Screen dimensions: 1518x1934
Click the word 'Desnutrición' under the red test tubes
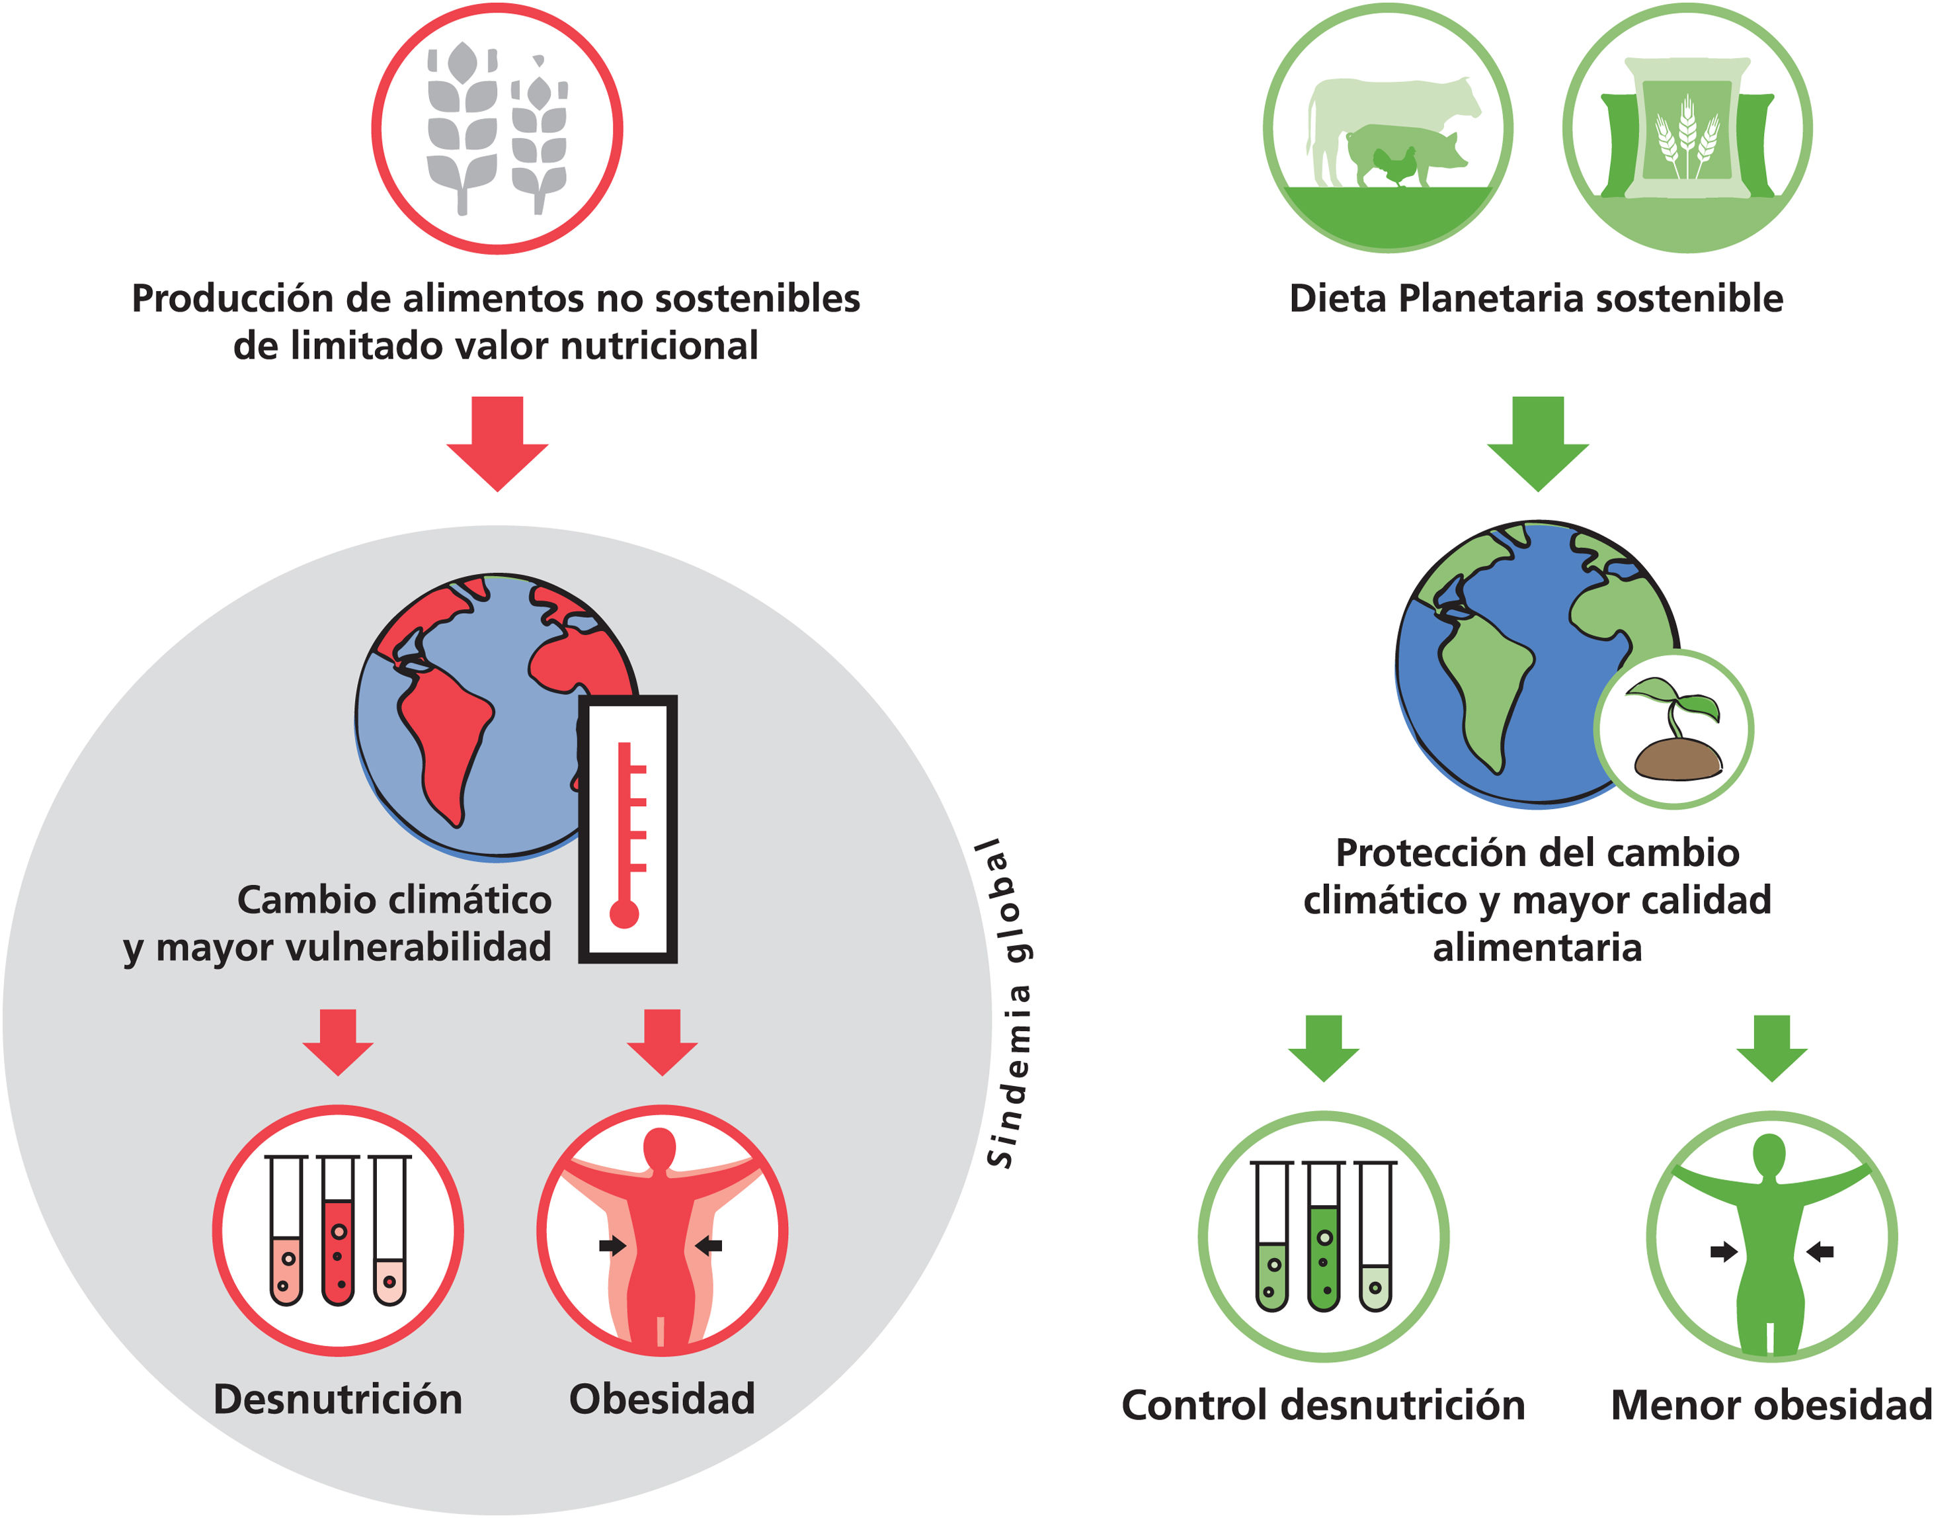coord(338,1399)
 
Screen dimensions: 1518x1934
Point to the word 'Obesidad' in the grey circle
coord(662,1399)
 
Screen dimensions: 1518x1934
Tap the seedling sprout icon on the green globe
coord(1675,729)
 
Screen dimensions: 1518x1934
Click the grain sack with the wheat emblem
coord(1687,129)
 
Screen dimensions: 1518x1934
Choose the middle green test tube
coord(1323,1239)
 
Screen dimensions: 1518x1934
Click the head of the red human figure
coord(660,1150)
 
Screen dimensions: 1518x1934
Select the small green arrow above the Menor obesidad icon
coord(1772,1048)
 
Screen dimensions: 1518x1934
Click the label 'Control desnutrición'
coord(1323,1405)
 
